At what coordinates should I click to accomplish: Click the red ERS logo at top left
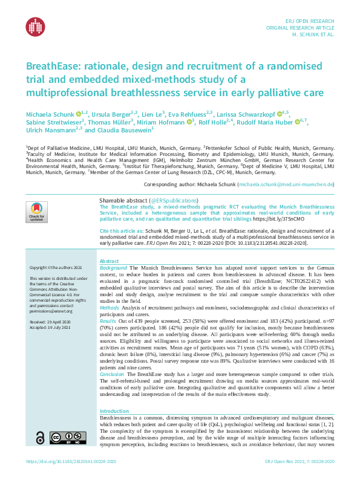(x=35, y=26)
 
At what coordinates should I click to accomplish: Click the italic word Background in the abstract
(x=113, y=267)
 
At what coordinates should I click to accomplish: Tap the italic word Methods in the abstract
(x=110, y=307)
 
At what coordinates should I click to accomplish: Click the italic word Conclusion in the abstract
(x=113, y=375)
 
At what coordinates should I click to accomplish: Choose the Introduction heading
(x=114, y=411)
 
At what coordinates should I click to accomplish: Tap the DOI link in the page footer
(x=71, y=462)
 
